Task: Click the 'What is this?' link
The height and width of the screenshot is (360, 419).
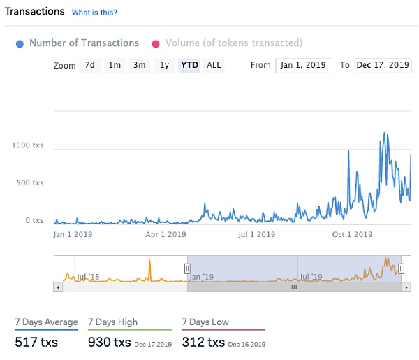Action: pos(94,13)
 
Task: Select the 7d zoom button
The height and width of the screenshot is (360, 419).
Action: pos(89,65)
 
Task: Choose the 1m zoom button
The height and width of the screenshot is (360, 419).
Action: pos(115,65)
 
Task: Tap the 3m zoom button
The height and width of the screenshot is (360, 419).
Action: pos(140,65)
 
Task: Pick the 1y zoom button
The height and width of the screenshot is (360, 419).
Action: pos(164,65)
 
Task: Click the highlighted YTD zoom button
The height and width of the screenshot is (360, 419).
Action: pos(189,65)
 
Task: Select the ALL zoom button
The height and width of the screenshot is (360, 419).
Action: pos(214,65)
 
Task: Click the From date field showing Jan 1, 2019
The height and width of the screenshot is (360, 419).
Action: pos(304,65)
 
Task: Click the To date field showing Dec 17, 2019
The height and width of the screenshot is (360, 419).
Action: pos(383,65)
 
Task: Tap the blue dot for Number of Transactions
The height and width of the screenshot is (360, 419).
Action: pos(20,43)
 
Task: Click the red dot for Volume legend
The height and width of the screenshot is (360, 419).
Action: pos(156,43)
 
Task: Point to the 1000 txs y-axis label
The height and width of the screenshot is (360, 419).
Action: pos(28,145)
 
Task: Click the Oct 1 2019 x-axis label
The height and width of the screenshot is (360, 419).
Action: pos(352,234)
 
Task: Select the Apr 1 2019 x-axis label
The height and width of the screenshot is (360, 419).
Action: pos(167,234)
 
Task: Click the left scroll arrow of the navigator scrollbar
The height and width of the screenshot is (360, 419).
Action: pos(57,287)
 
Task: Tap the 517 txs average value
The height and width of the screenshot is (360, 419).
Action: pos(36,342)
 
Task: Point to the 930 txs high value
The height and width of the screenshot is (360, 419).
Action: pos(110,342)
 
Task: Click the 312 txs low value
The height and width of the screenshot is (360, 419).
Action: pos(203,342)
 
